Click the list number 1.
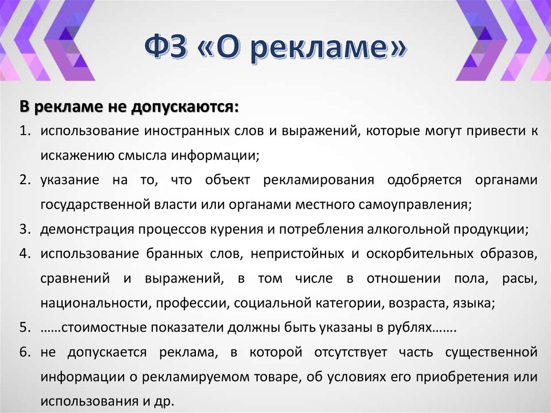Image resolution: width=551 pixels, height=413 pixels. pos(24,131)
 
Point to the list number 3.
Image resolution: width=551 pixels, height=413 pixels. pos(24,229)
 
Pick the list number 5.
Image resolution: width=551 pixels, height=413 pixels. pos(24,327)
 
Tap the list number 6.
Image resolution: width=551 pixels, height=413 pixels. pos(24,352)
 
